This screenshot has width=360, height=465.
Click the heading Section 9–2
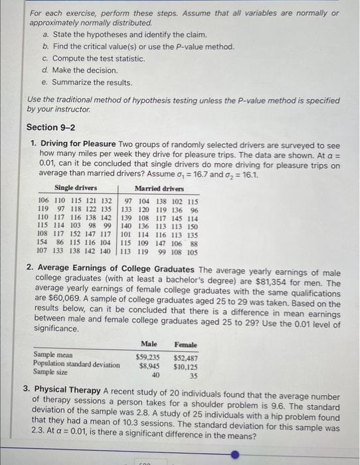pos(50,127)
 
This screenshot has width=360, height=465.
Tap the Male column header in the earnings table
pos(149,344)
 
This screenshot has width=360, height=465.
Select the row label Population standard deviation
pos(77,365)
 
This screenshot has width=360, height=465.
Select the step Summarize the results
pos(92,82)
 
